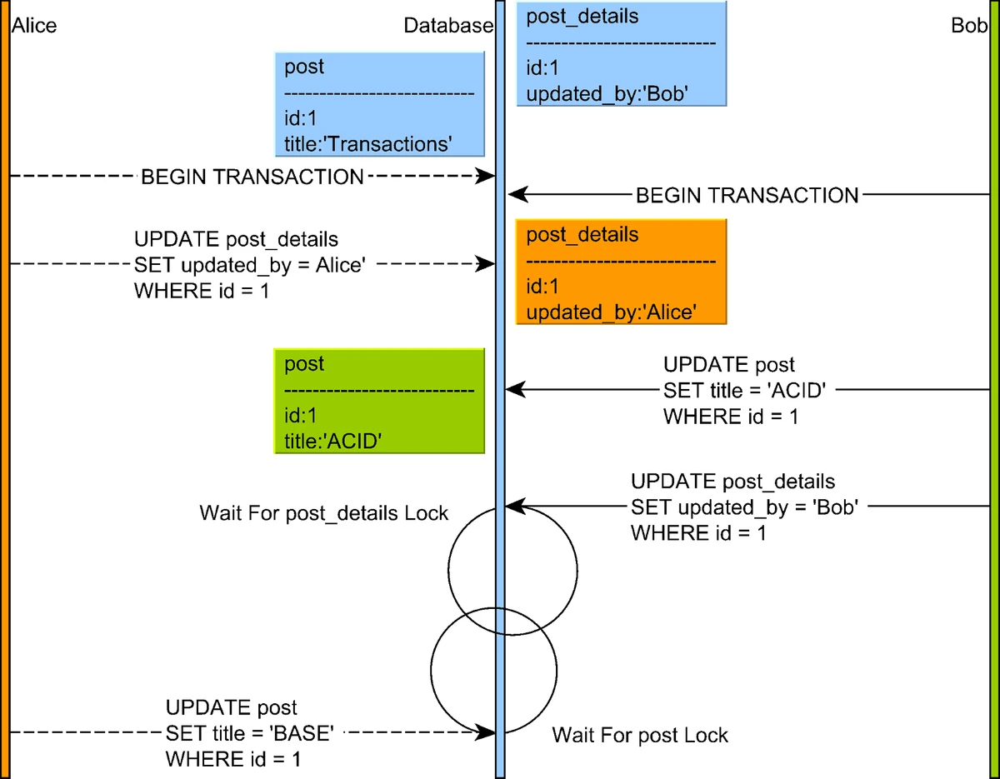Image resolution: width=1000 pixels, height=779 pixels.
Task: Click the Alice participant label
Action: (x=34, y=26)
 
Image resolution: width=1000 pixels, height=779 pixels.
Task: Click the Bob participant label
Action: (x=967, y=26)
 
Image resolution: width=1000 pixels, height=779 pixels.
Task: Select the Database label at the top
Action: (x=448, y=26)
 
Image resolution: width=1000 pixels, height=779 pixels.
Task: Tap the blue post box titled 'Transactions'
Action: (x=380, y=104)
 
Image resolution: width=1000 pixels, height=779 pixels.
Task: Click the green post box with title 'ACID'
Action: (x=379, y=401)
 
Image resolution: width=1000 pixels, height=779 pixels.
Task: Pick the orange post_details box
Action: (x=621, y=272)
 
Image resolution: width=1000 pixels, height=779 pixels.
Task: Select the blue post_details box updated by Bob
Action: (x=621, y=53)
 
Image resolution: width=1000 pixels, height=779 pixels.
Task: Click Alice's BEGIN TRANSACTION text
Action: (x=252, y=177)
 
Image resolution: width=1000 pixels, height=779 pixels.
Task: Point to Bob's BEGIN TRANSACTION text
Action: (x=747, y=196)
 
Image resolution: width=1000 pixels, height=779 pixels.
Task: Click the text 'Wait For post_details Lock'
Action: (x=324, y=512)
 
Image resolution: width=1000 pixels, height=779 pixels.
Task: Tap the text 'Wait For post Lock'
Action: (x=640, y=735)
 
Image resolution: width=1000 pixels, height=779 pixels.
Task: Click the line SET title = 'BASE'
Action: (x=250, y=733)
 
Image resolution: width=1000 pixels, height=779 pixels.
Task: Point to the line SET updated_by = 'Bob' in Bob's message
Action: (x=744, y=507)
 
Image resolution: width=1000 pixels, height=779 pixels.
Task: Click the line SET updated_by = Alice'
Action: (x=250, y=264)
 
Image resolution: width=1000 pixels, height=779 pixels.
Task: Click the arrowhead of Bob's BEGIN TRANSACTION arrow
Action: (x=517, y=196)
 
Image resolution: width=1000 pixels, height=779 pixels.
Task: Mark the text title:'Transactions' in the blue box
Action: (x=367, y=144)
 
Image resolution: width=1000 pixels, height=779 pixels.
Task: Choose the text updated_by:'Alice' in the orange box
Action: (x=611, y=312)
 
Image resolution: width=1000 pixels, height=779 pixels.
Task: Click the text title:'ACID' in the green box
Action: (x=332, y=442)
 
